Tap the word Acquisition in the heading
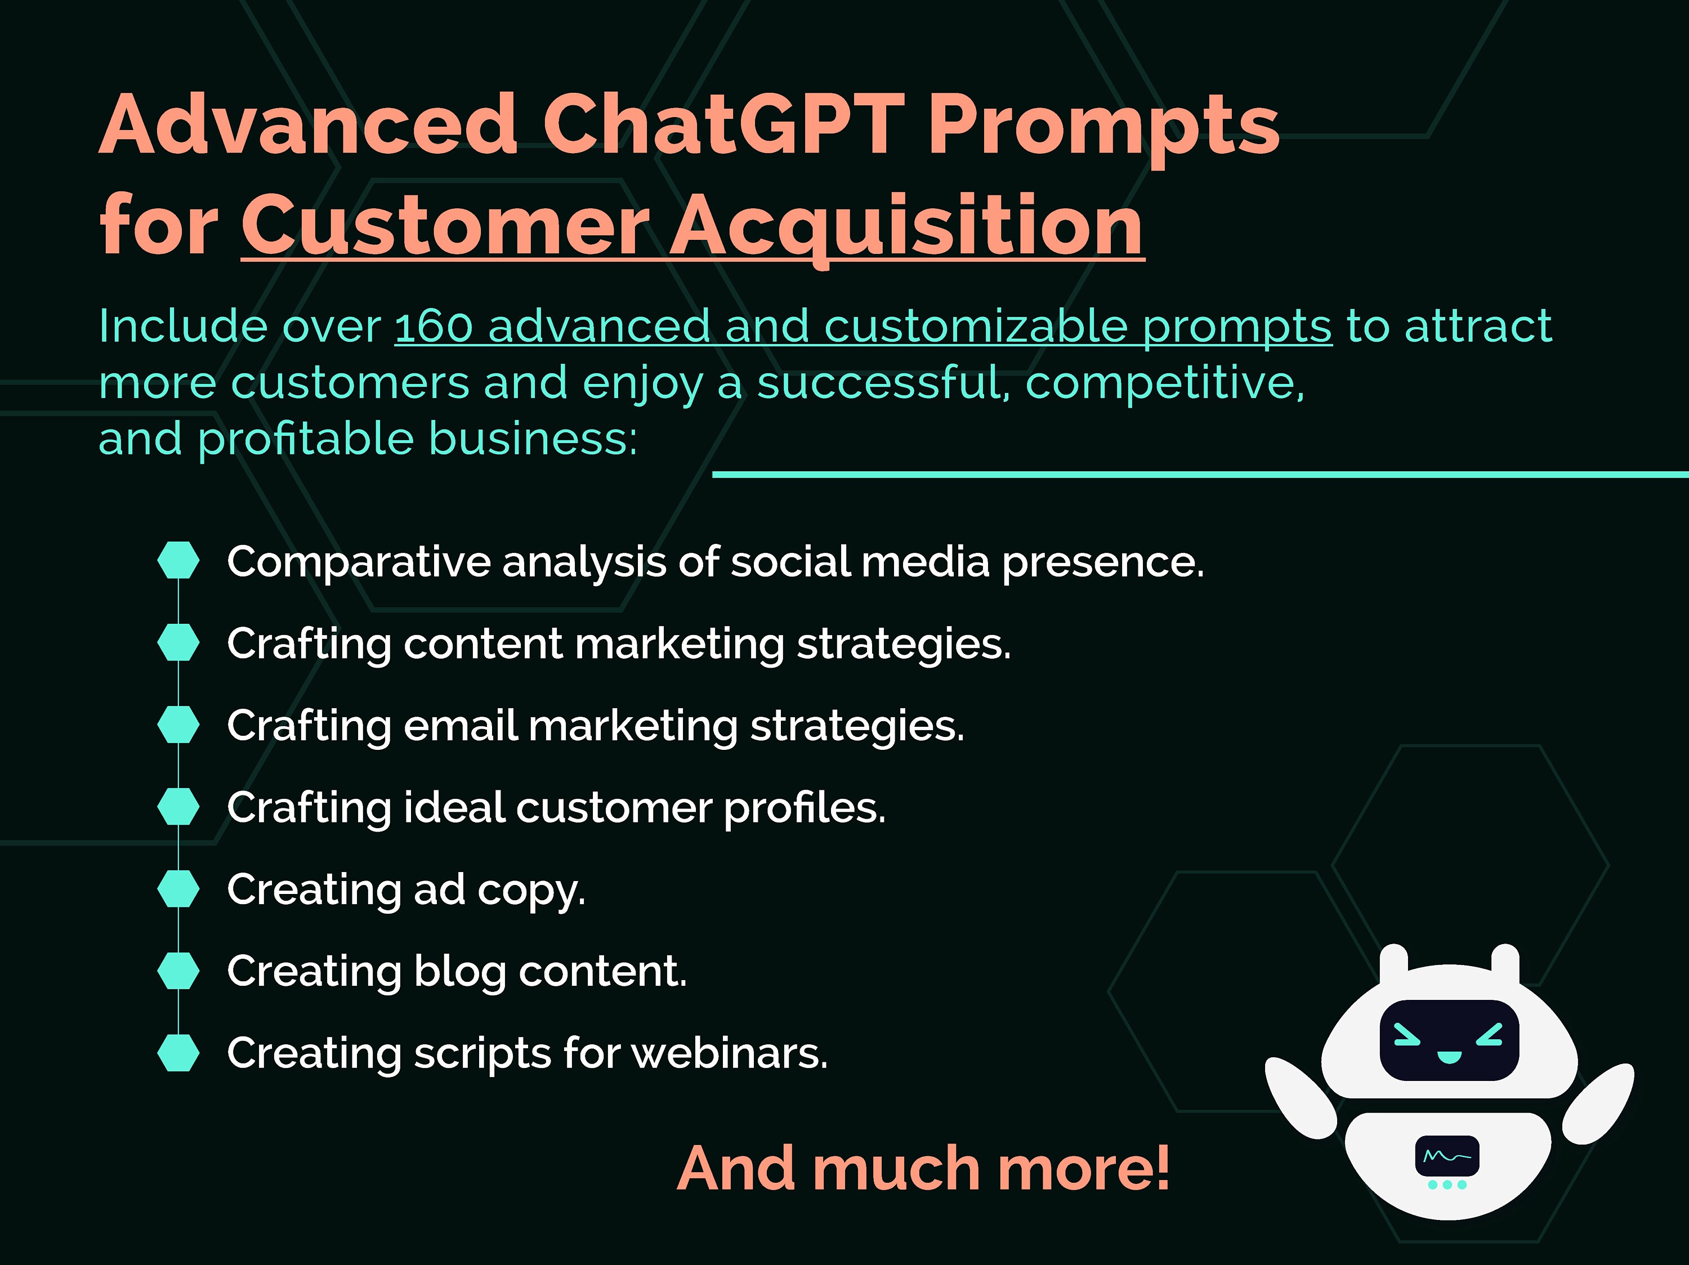coord(906,225)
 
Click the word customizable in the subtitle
coord(975,326)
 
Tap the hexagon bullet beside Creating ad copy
coord(178,888)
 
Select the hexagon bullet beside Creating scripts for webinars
coord(178,1053)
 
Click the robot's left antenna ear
coord(1393,963)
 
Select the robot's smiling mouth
coord(1449,1057)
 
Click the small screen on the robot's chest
coord(1447,1156)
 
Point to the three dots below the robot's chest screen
coord(1447,1185)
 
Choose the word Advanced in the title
coord(309,124)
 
